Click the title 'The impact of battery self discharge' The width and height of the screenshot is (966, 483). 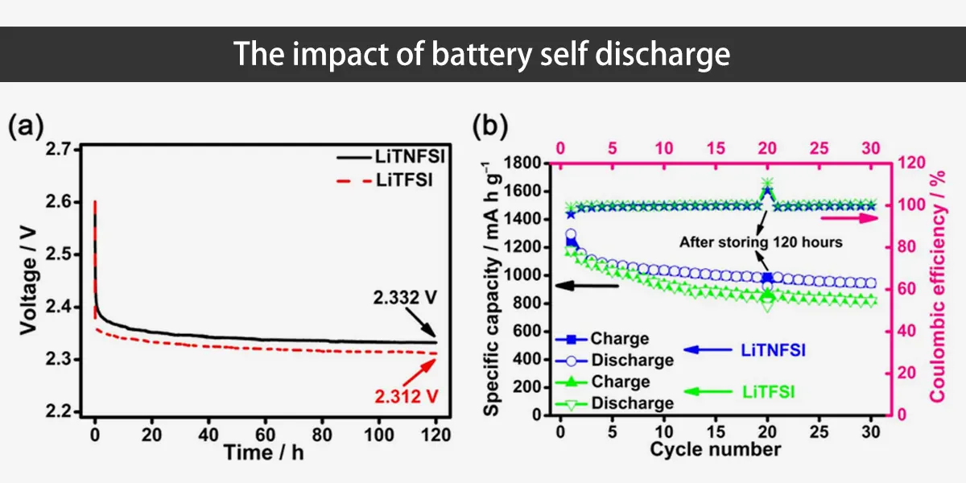482,54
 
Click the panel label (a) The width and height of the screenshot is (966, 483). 26,126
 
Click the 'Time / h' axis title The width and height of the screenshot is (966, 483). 264,452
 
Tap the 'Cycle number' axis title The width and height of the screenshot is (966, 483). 715,448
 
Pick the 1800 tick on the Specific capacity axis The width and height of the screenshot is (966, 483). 527,163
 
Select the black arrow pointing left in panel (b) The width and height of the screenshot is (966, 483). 591,284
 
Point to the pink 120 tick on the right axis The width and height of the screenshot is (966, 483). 906,163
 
